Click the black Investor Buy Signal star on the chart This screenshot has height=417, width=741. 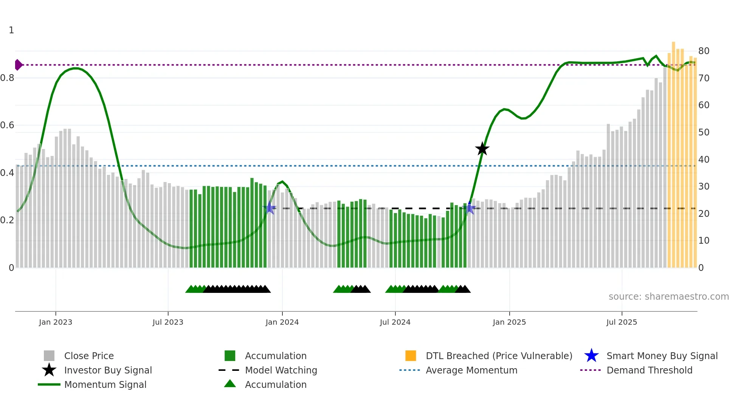(x=482, y=149)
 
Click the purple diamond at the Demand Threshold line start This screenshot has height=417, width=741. (x=18, y=65)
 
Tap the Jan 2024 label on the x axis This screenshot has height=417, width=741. (x=282, y=322)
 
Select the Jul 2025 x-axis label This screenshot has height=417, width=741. (x=622, y=322)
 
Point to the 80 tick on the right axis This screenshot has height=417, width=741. (x=704, y=51)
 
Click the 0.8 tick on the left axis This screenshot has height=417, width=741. (x=7, y=78)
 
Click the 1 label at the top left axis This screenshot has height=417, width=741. (x=11, y=30)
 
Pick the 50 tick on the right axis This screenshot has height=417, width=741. (x=704, y=132)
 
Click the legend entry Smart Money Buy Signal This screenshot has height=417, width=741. (x=662, y=356)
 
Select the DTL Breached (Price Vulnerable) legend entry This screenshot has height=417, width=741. (x=499, y=356)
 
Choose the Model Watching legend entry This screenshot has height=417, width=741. (x=281, y=370)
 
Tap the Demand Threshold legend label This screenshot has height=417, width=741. (x=649, y=370)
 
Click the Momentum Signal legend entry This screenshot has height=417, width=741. (x=105, y=384)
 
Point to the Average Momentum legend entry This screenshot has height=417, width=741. (x=471, y=370)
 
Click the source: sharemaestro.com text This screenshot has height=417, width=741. (x=668, y=297)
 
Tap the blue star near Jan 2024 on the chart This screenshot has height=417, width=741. (x=269, y=208)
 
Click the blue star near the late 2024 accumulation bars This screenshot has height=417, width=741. (x=470, y=208)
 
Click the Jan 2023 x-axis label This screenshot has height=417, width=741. (x=56, y=322)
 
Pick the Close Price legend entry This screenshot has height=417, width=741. (x=89, y=356)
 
